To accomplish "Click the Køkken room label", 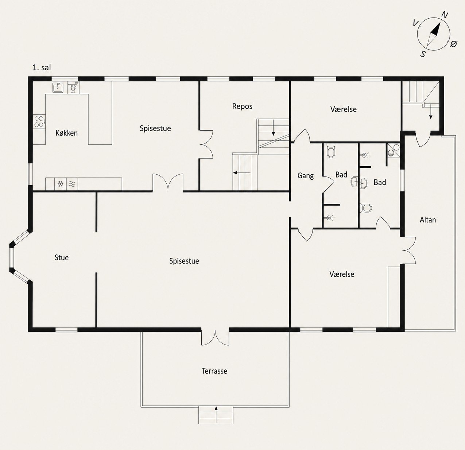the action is pos(66,133).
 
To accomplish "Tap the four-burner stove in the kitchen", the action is pos(39,121).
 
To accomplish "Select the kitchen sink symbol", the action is pos(58,88).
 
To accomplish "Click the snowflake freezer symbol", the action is pos(60,184).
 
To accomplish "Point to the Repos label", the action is pos(242,106).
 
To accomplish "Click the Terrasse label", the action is pos(214,371).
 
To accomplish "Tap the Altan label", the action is pos(428,220).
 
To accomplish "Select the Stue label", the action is pos(61,257).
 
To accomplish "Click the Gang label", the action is pos(305,176).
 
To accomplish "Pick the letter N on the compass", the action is pos(445,15).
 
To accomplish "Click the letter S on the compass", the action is pos(423,54).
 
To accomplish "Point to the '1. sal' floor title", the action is pos(42,67).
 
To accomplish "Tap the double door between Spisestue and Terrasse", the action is pos(215,338).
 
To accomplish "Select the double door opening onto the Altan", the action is pos(409,250).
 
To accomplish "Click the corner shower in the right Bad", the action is pos(393,150).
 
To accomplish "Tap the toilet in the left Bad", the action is pos(331,151).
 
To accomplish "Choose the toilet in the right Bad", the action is pos(365,207).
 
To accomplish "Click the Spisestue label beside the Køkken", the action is pos(155,128).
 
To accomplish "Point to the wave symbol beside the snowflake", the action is pos(72,184).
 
